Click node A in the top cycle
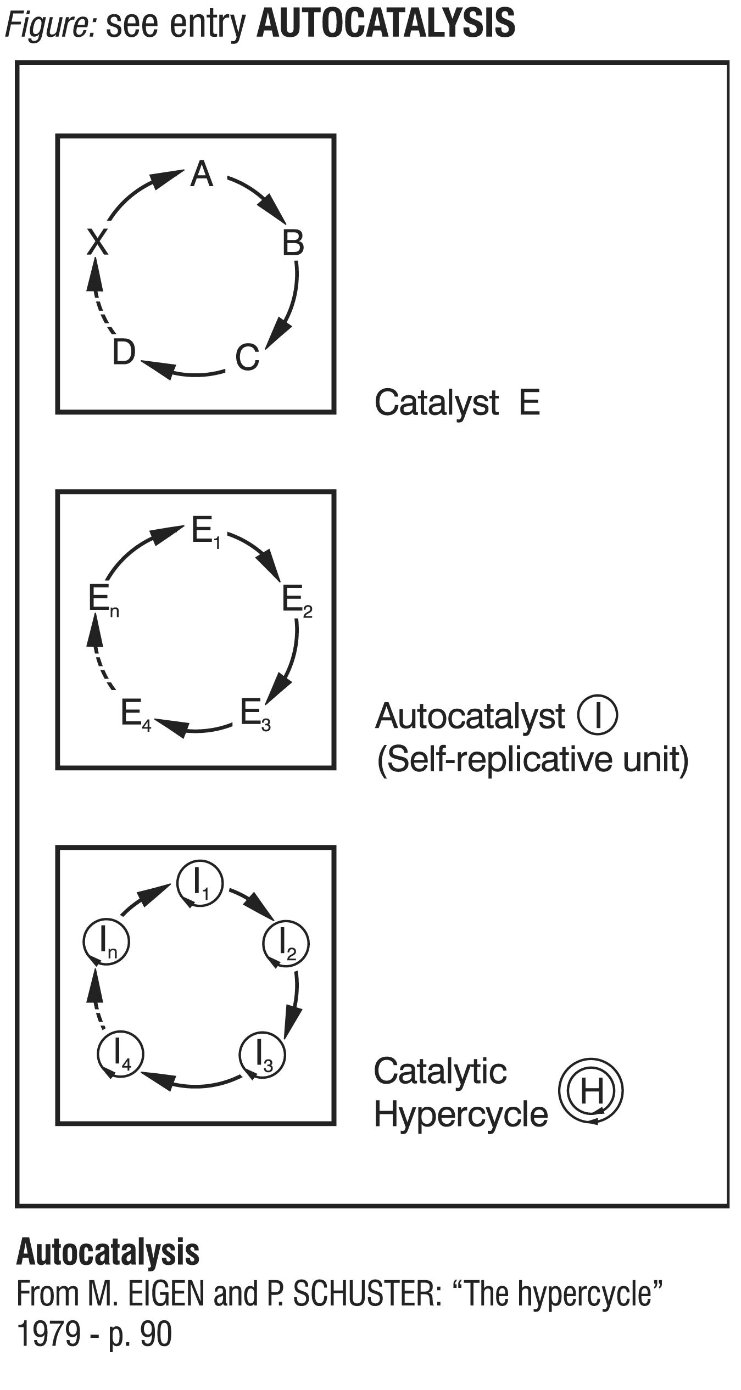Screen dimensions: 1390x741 (201, 175)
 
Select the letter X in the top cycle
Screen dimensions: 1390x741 (98, 242)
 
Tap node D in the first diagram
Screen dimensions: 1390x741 (124, 352)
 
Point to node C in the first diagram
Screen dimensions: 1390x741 (247, 357)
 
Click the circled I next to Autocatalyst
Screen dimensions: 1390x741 (598, 715)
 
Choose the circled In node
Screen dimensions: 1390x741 (106, 943)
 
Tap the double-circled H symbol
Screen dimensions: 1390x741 (591, 1090)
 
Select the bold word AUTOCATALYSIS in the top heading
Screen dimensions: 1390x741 (386, 24)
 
